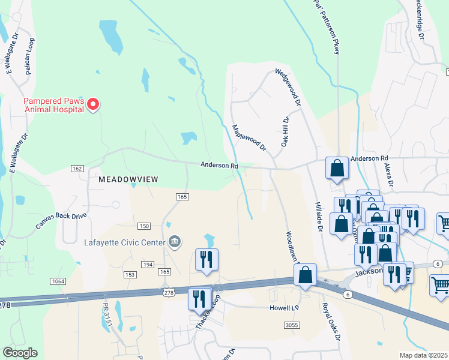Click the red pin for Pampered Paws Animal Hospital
point(92,105)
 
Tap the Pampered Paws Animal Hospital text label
point(53,105)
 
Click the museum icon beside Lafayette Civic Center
point(174,242)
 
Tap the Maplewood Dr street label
point(249,137)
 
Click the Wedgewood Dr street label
point(288,87)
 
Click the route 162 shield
point(77,169)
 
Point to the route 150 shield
point(143,226)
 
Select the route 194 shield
point(148,264)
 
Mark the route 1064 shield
point(58,281)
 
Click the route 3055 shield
point(292,325)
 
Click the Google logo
point(19,353)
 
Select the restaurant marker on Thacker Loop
point(199,299)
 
